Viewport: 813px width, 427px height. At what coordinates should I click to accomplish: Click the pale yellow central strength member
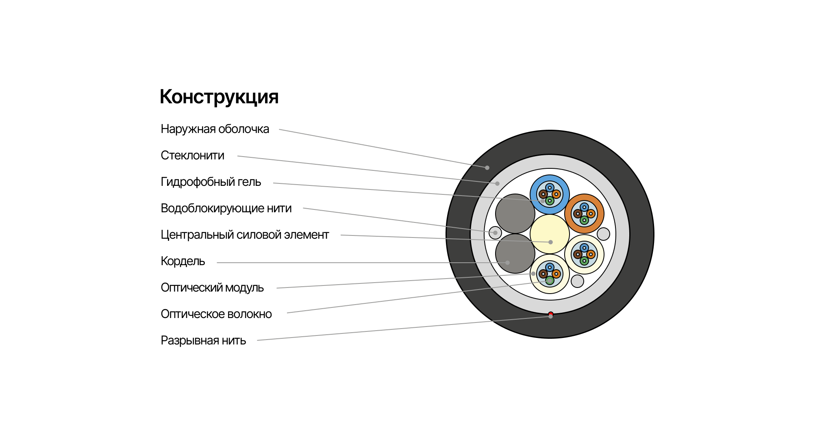550,230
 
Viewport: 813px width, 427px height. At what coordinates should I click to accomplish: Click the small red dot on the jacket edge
551,314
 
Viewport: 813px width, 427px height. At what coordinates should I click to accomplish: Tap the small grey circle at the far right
603,234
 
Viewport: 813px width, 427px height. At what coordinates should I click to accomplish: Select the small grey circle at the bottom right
577,281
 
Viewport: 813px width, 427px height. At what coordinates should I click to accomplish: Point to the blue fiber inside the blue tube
550,188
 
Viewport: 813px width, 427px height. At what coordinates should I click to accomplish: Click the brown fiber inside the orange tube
578,213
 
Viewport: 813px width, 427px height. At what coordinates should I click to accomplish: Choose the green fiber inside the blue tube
550,200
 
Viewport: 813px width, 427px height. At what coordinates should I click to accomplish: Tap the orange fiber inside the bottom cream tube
556,274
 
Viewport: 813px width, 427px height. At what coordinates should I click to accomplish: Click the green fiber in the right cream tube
584,261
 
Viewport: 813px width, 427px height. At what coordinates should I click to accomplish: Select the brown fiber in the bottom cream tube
543,274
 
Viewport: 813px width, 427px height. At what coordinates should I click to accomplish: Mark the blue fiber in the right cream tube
584,248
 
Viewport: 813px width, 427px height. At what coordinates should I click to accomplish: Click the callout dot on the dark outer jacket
487,168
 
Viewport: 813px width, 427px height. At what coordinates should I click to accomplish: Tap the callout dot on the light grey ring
497,183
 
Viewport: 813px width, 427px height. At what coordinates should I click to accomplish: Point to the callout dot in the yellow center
550,242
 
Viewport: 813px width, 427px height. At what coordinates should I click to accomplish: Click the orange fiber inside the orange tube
591,213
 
